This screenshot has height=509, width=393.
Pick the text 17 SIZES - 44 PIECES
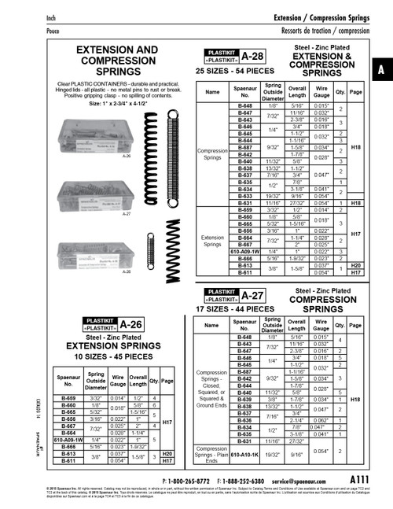click(233, 311)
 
